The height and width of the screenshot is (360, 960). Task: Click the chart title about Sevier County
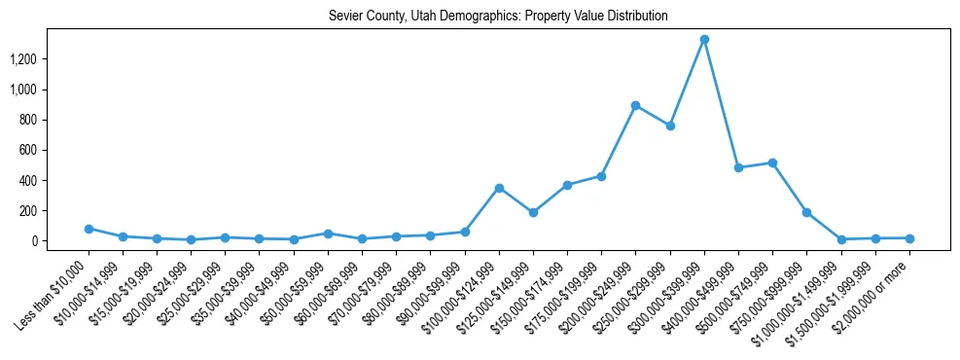498,17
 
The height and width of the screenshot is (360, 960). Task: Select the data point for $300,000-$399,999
704,40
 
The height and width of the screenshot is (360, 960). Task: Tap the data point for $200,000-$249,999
635,105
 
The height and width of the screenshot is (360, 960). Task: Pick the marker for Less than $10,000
89,229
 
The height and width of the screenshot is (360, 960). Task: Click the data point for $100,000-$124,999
499,188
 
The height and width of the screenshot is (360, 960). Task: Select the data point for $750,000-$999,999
806,212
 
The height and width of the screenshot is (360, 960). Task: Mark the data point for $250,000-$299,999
670,126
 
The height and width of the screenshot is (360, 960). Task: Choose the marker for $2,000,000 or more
909,238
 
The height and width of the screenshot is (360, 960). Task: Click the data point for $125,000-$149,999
533,212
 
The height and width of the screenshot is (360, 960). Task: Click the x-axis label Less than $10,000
53,295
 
